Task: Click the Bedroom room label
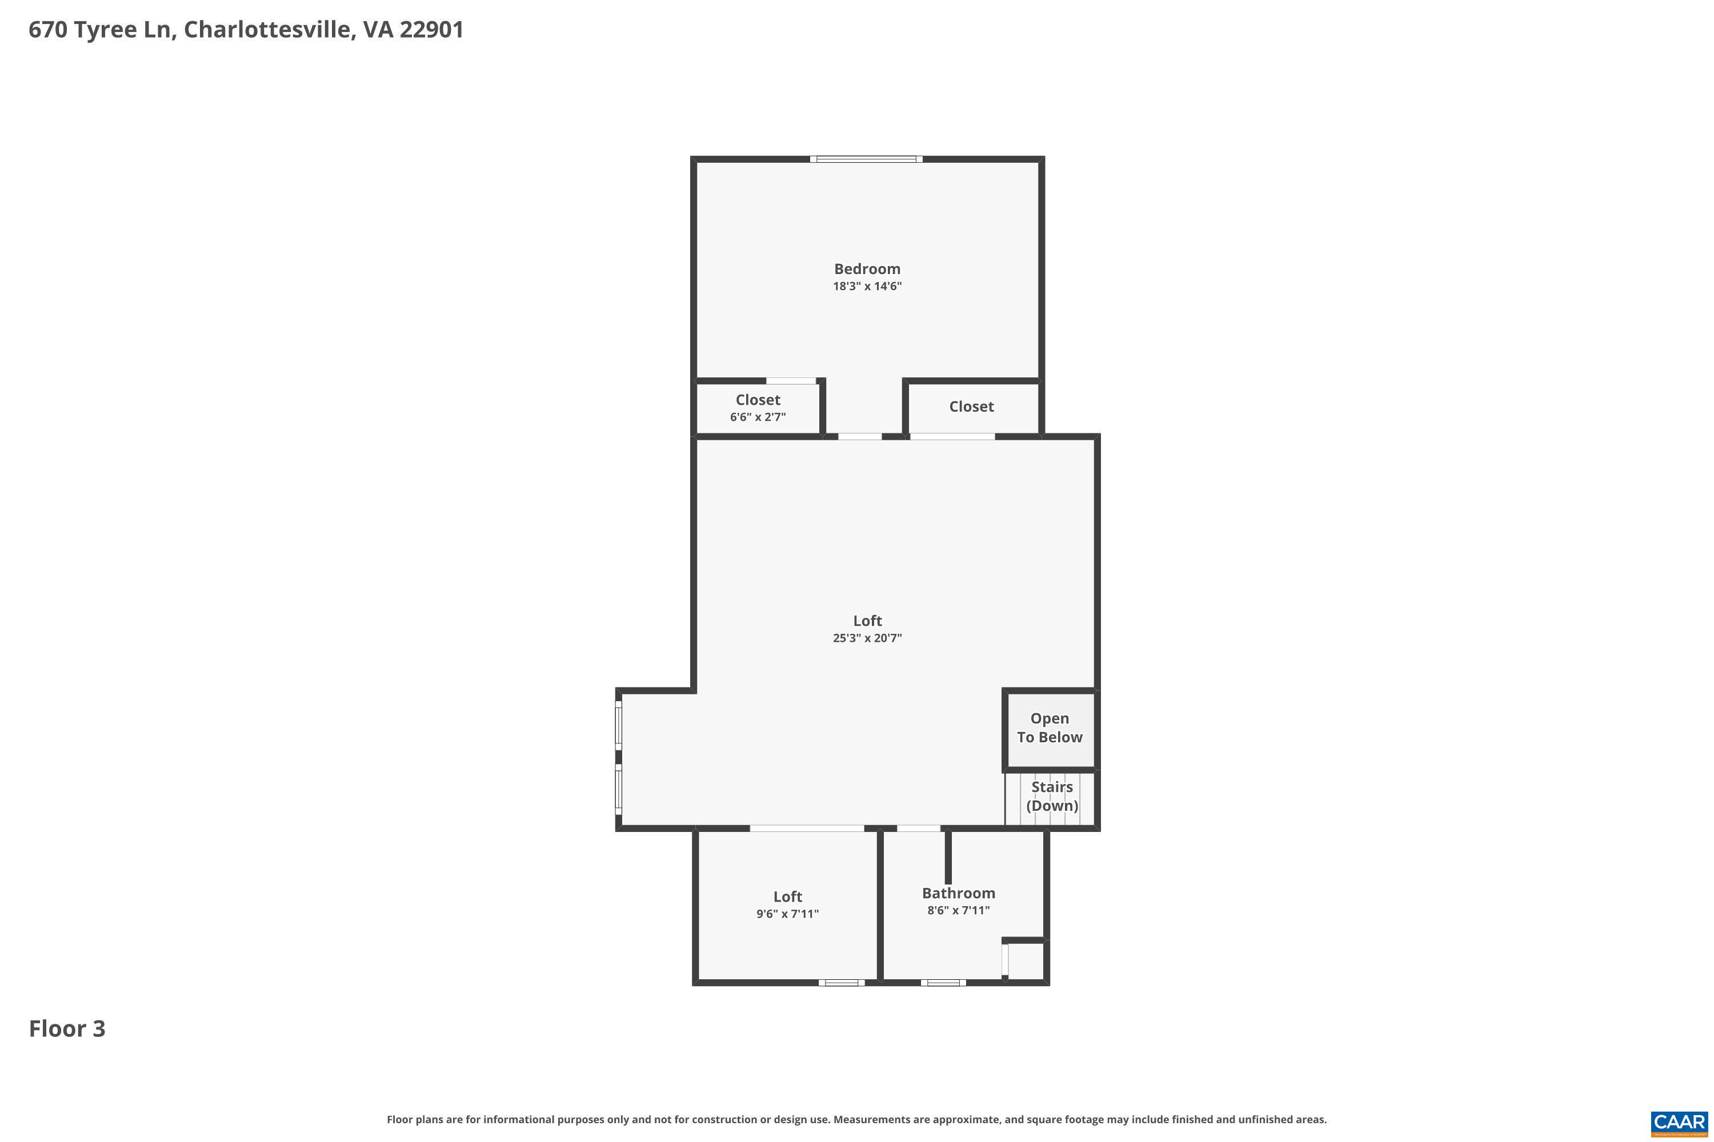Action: (x=867, y=269)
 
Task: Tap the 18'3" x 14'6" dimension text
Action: (x=867, y=286)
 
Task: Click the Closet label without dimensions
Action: (x=971, y=407)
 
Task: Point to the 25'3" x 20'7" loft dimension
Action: (x=867, y=638)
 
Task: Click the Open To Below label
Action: (x=1050, y=727)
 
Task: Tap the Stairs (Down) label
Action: (x=1052, y=796)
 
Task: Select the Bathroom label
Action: (x=958, y=893)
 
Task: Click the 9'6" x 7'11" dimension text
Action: (x=787, y=914)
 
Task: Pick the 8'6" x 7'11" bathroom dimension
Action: (x=958, y=910)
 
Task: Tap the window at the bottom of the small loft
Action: (x=841, y=983)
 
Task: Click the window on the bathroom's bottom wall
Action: (x=943, y=983)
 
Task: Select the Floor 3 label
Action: (x=67, y=1028)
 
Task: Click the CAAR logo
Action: (x=1679, y=1123)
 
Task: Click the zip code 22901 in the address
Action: (x=431, y=30)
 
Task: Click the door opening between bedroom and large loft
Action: (x=859, y=437)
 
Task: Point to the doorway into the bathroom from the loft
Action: (x=918, y=828)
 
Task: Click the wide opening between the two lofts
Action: (x=807, y=828)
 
